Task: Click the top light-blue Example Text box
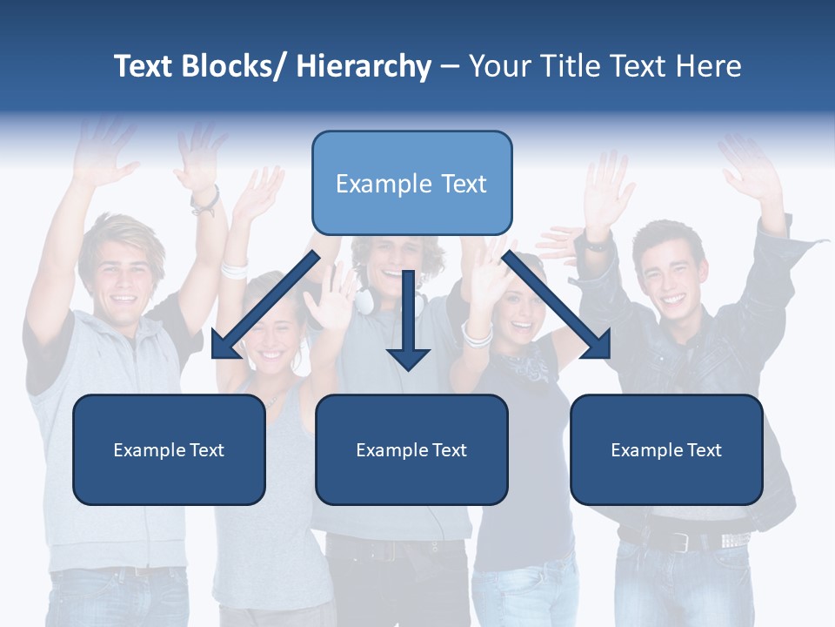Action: click(411, 183)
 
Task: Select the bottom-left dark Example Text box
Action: click(169, 449)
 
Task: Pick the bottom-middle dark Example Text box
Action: click(411, 449)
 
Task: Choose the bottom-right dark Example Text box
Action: click(666, 449)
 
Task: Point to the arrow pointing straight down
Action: click(408, 322)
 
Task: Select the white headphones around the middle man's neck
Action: click(365, 301)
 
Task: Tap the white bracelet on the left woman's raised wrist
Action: click(234, 268)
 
